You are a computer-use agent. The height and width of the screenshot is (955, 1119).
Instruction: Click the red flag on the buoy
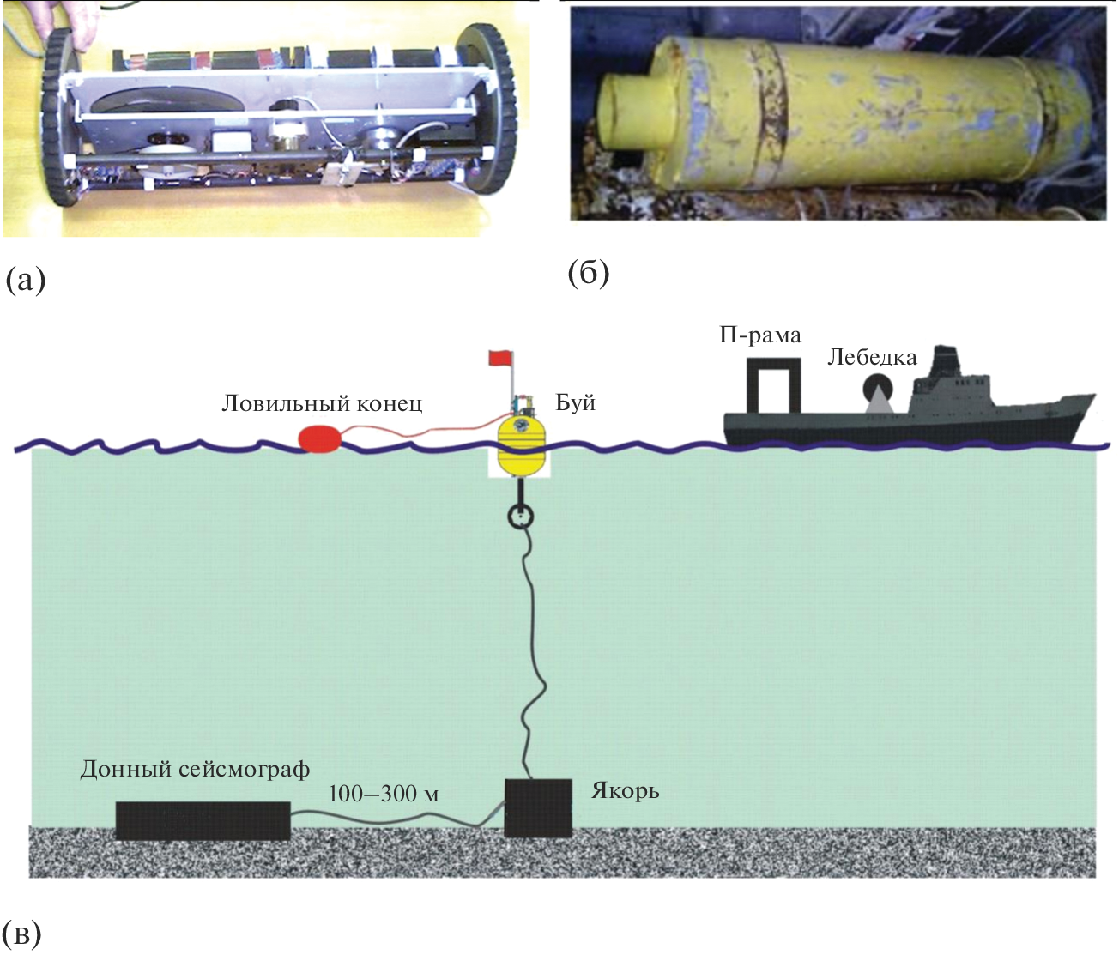point(499,357)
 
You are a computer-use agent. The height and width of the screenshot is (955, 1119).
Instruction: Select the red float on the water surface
point(320,438)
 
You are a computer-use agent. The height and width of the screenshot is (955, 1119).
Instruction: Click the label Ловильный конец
point(322,403)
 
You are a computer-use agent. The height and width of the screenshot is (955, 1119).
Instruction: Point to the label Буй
point(575,402)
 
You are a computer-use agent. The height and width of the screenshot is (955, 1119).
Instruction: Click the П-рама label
point(759,335)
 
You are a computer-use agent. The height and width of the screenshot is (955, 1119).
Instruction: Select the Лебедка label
point(872,357)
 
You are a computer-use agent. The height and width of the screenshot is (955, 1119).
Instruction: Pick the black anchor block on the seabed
point(538,807)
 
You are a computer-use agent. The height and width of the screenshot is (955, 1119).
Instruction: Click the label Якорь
point(625,789)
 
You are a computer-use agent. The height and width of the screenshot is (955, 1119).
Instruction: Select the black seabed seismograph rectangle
point(203,820)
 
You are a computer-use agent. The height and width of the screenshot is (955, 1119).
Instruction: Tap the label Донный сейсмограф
point(195,769)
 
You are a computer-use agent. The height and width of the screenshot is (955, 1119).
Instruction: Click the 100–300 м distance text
point(384,794)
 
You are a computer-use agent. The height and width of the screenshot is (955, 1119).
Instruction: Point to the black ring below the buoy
point(521,516)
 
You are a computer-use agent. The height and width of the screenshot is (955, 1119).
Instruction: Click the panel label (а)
point(25,280)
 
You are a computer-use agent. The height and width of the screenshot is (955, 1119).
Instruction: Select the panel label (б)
point(588,273)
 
